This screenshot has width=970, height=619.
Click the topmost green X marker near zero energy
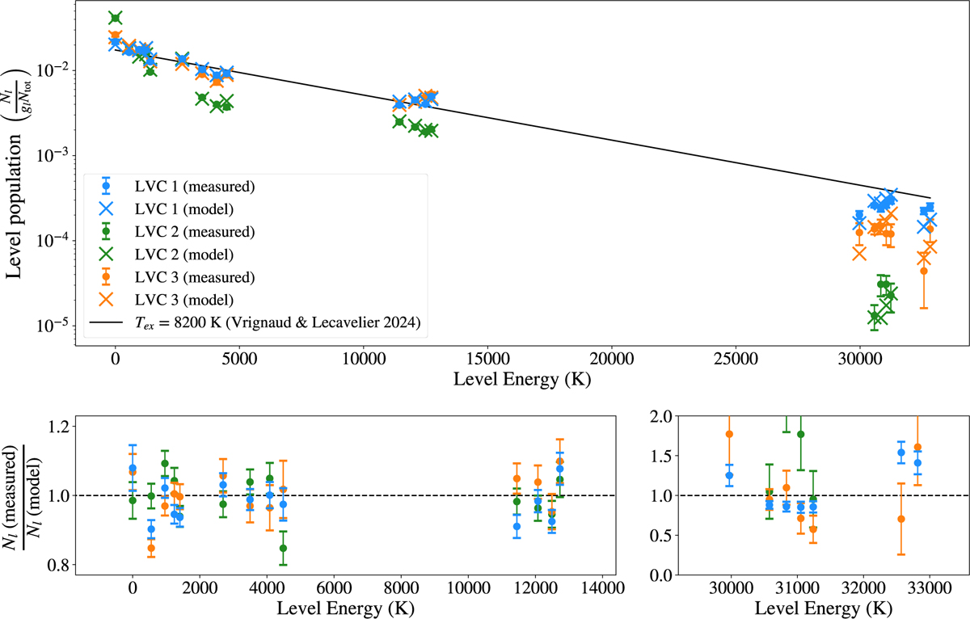116,18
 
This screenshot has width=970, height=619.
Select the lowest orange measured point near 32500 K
924,271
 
